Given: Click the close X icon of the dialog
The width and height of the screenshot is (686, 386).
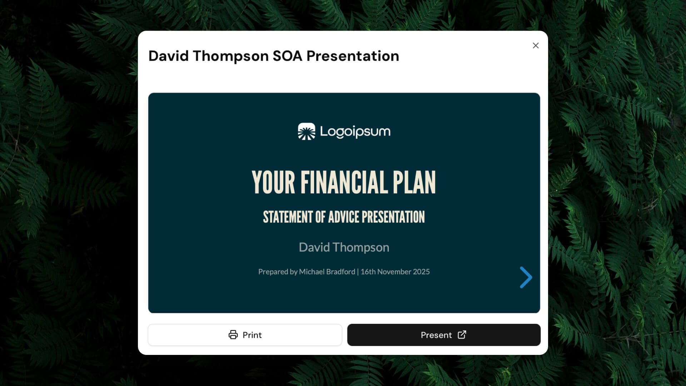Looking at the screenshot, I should (x=536, y=45).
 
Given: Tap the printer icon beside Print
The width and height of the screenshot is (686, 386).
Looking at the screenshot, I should (x=233, y=335).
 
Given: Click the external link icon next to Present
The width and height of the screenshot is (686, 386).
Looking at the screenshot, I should (x=462, y=335).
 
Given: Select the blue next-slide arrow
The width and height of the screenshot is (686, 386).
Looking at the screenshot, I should (x=526, y=277).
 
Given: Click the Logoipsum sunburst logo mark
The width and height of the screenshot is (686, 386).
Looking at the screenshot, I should (x=307, y=132).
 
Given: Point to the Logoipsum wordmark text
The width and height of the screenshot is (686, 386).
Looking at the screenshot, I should (x=355, y=132).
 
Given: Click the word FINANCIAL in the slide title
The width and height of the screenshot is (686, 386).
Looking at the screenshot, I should (x=344, y=183).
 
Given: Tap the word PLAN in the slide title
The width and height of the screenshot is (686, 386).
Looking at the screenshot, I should (x=414, y=183).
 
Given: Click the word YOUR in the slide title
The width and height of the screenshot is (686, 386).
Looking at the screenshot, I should (x=273, y=183).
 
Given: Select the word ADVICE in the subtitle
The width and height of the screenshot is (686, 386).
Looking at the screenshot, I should (x=343, y=217).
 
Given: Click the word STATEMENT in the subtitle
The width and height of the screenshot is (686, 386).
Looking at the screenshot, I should (x=288, y=217).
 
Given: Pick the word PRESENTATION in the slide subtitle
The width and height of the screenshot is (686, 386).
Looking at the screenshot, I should (x=393, y=217).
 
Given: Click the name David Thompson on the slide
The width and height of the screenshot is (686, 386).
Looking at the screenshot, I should (x=344, y=247).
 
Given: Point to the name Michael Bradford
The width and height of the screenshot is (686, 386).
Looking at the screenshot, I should (x=327, y=272).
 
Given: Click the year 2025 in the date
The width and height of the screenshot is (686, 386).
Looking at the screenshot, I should (x=421, y=272).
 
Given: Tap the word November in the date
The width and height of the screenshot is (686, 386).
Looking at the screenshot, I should (x=394, y=272).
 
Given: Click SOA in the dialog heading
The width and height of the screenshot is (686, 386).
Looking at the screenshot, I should (x=287, y=56).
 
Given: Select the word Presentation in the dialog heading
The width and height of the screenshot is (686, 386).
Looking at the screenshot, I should (x=353, y=56).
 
